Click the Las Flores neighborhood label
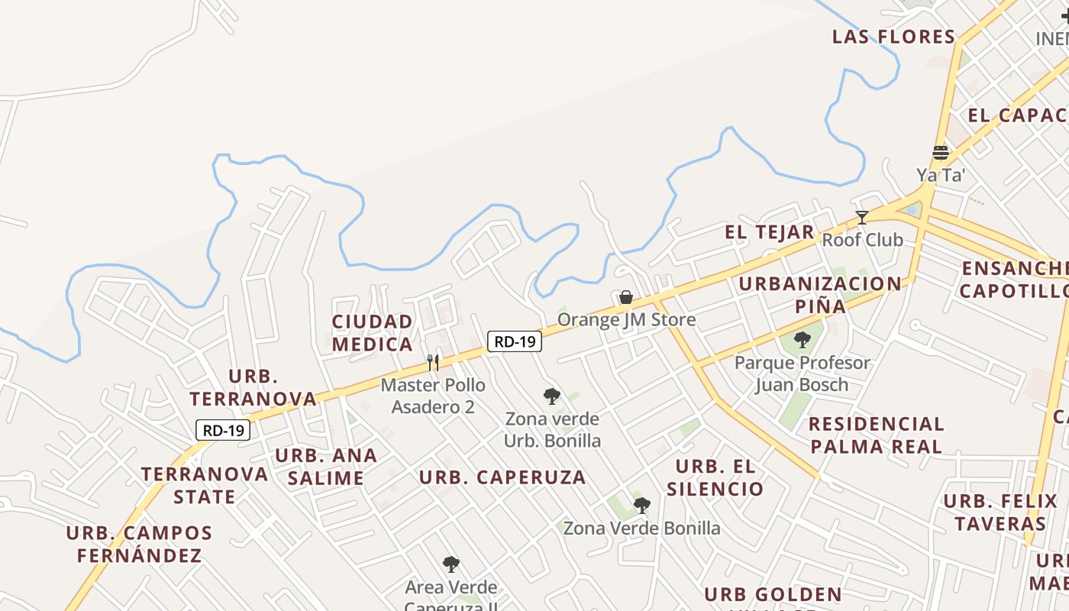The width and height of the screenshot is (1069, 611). [x=893, y=37]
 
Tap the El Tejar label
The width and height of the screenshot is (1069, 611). [x=770, y=232]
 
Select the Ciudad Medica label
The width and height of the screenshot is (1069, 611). [x=373, y=333]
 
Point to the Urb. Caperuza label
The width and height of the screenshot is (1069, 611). [x=502, y=478]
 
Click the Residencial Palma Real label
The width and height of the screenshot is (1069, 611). [x=877, y=435]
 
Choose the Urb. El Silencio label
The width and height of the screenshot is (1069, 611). [x=715, y=478]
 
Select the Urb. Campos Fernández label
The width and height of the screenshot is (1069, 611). [x=139, y=545]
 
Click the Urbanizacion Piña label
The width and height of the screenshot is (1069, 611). [x=820, y=295]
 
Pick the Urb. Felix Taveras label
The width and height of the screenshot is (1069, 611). [x=1000, y=512]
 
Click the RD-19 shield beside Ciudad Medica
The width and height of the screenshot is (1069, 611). [x=515, y=341]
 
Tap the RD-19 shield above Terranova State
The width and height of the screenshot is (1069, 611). [x=223, y=430]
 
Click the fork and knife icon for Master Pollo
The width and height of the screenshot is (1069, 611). [x=433, y=362]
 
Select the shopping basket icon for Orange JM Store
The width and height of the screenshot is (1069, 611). [x=626, y=297]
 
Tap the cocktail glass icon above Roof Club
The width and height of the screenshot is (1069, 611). [x=862, y=218]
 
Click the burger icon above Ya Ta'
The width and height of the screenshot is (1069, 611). [x=941, y=153]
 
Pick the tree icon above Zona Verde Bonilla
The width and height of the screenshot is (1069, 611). [x=641, y=505]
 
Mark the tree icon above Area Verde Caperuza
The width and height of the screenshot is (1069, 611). [x=451, y=564]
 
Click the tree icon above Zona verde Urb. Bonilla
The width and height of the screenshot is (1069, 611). [x=551, y=396]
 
